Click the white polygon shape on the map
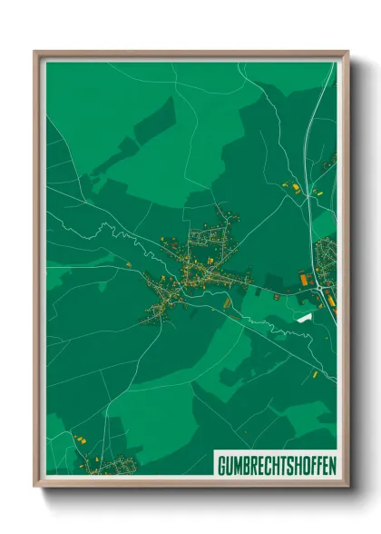[x=303, y=317]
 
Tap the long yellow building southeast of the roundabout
[x=329, y=295]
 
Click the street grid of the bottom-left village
[x=107, y=466]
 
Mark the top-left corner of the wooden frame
[x=35, y=52]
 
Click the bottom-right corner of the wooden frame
[x=347, y=487]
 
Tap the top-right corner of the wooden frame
[x=347, y=52]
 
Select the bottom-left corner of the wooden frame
[x=35, y=487]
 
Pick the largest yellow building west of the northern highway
[x=296, y=188]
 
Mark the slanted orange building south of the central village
[x=227, y=304]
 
